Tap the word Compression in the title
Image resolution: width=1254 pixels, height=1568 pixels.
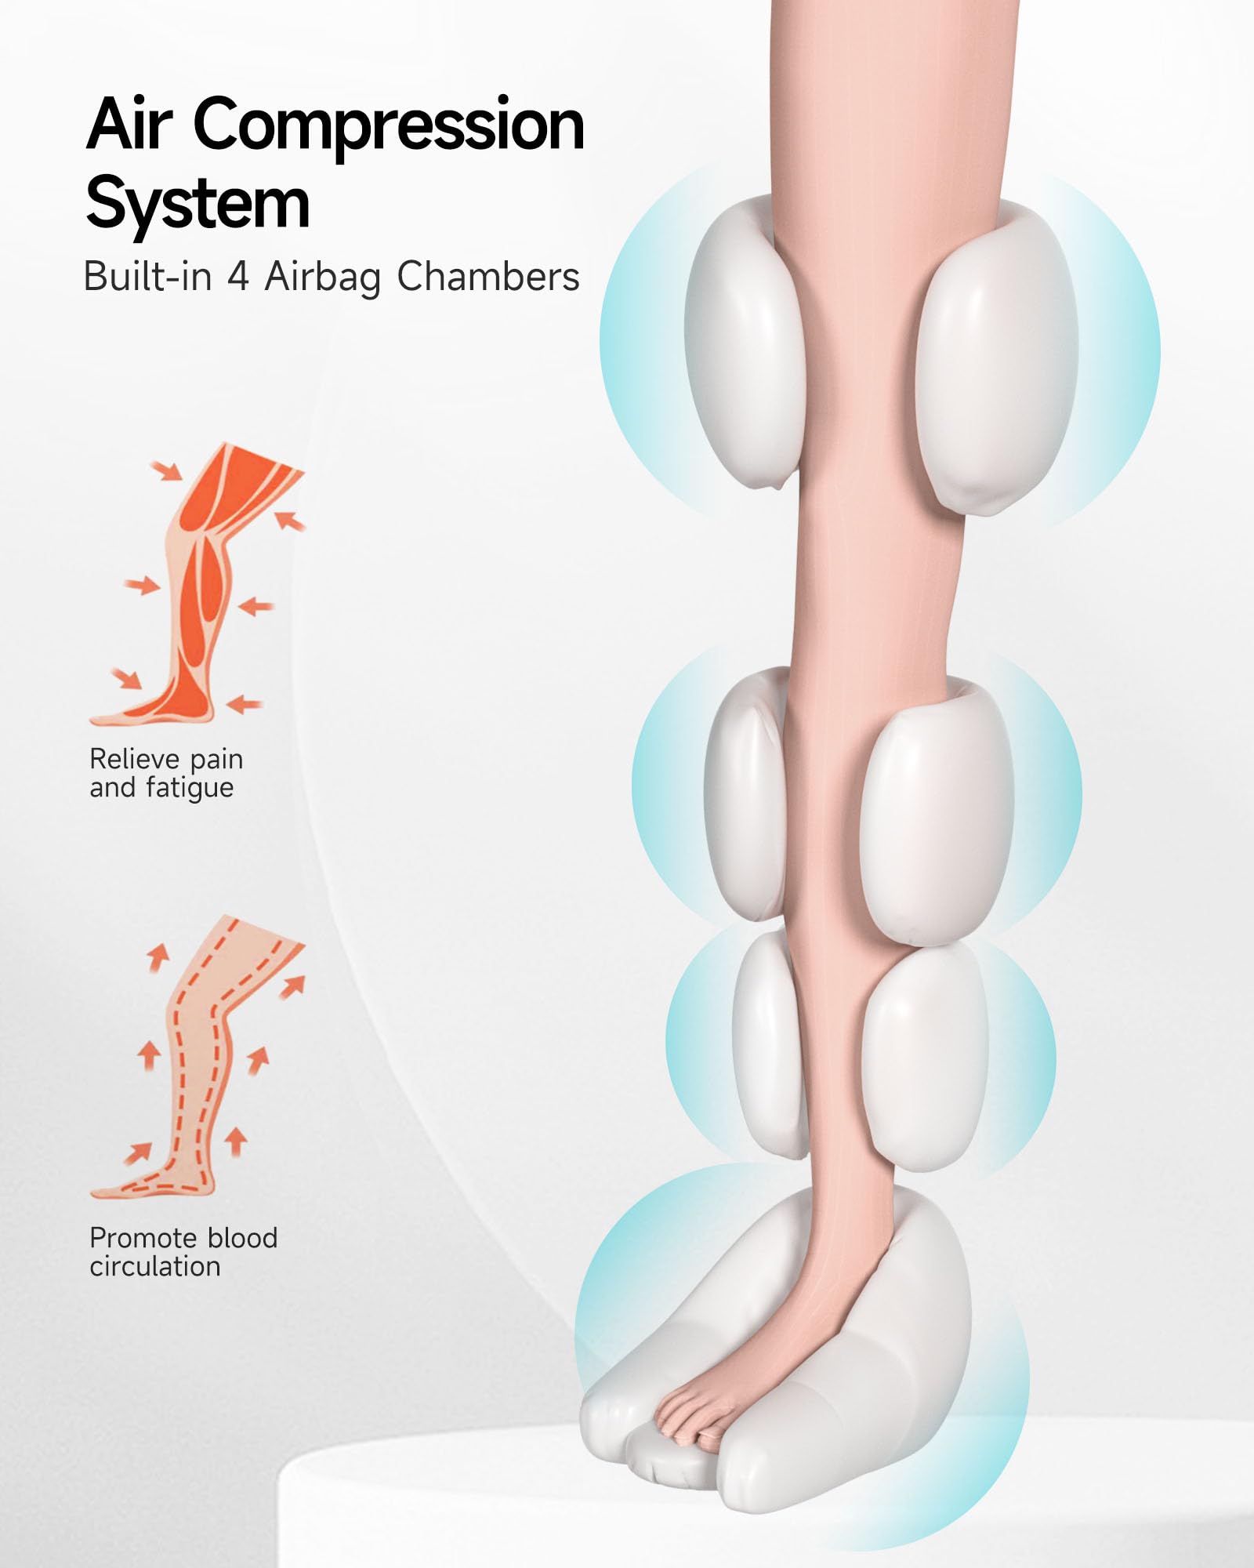tap(389, 125)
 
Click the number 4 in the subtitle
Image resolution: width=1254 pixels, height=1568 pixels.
tap(238, 277)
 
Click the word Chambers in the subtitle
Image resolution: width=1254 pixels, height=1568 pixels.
tap(487, 277)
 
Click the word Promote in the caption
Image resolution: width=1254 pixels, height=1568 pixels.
tap(144, 1238)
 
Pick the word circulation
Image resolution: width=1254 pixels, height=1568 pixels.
tap(155, 1267)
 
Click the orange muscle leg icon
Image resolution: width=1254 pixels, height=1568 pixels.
tap(200, 584)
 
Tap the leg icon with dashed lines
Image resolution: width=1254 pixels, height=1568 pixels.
tap(200, 1058)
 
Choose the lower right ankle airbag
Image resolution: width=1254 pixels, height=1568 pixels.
tap(925, 1054)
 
